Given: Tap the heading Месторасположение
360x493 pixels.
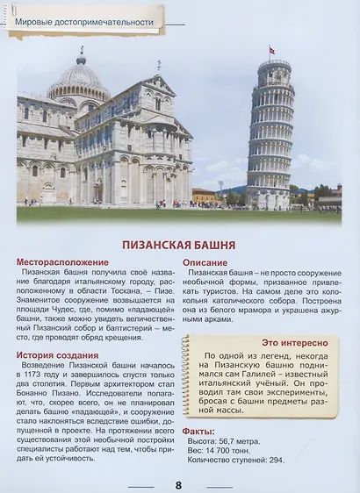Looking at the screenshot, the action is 63,261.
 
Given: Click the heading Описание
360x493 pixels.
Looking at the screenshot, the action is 211,261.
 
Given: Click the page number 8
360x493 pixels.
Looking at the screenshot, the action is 178,484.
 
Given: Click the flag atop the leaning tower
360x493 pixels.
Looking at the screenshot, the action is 271,50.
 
